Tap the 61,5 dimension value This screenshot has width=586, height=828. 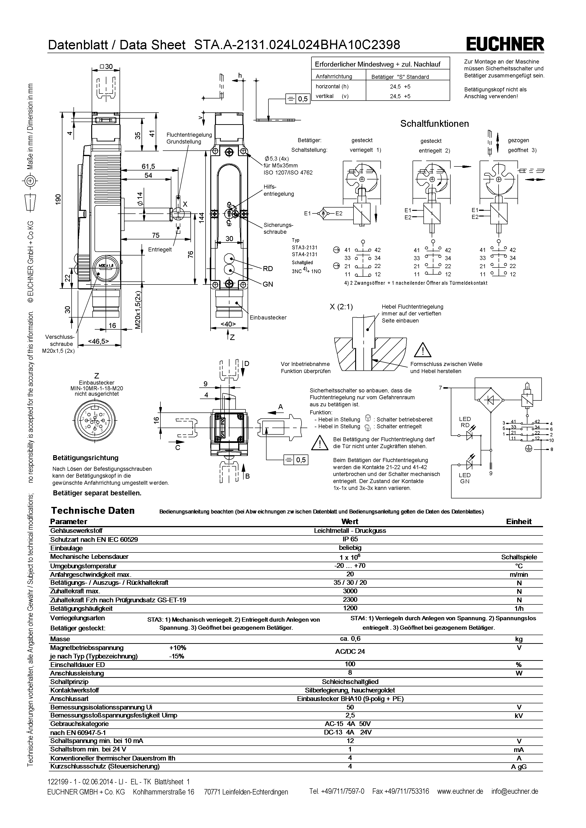pos(148,166)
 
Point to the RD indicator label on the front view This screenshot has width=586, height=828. pos(268,269)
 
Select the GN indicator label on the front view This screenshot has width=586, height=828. pos(268,284)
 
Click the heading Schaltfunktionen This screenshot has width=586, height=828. pos(435,124)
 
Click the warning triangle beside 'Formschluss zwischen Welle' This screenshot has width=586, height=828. pos(422,349)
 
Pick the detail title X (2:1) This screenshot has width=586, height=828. pos(341,307)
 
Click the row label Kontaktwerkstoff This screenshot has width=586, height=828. pos(75,690)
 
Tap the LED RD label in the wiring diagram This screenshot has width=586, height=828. pos(465,422)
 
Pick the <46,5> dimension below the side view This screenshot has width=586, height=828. pos(99,341)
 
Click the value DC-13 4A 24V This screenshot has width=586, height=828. pos(348,732)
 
